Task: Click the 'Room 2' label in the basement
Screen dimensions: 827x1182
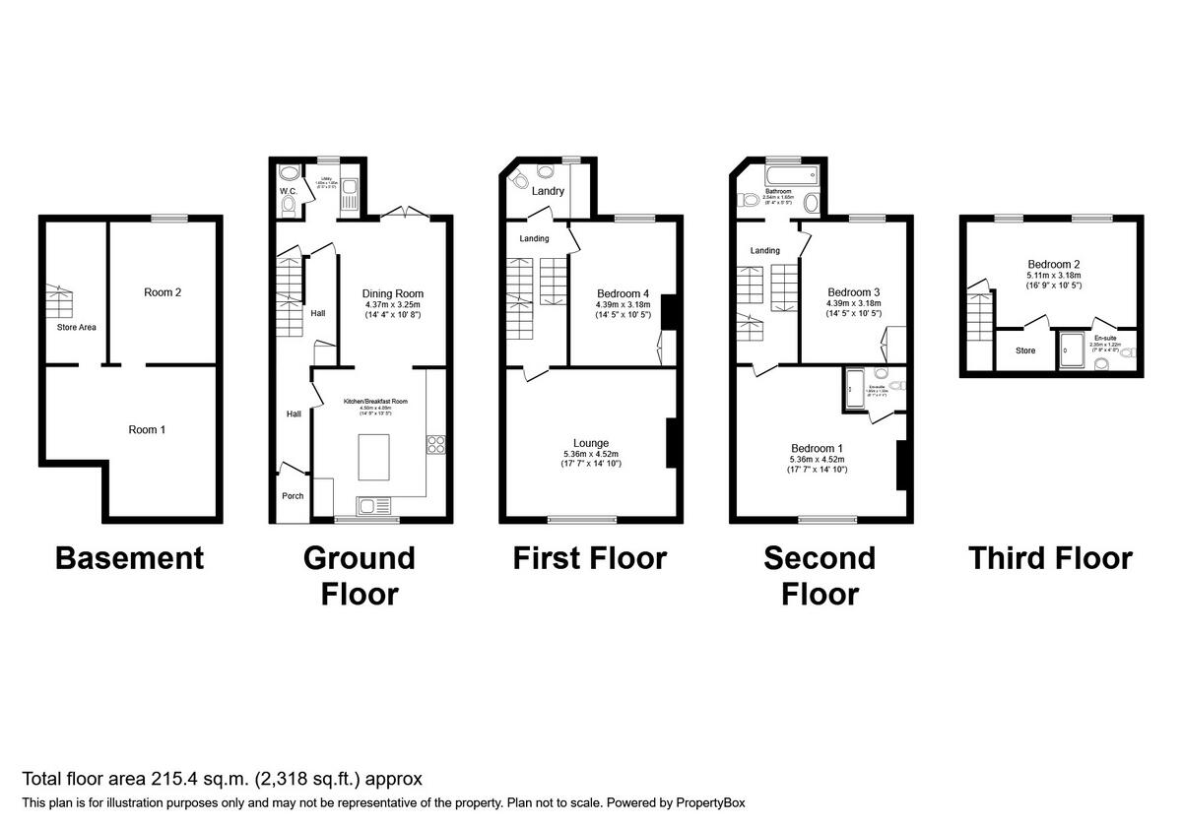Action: pyautogui.click(x=163, y=292)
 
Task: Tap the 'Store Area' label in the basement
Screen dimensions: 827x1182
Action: pyautogui.click(x=76, y=327)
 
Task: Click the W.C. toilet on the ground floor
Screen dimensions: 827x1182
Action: pyautogui.click(x=288, y=206)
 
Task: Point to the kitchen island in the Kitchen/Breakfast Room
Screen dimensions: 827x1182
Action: pyautogui.click(x=375, y=458)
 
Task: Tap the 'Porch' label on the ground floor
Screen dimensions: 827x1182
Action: pyautogui.click(x=293, y=495)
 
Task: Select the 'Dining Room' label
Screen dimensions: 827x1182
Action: pyautogui.click(x=393, y=293)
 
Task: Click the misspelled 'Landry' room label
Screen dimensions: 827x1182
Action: pyautogui.click(x=548, y=191)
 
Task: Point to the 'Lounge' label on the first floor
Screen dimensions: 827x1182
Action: pyautogui.click(x=591, y=443)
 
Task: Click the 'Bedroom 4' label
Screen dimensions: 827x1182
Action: pyautogui.click(x=623, y=293)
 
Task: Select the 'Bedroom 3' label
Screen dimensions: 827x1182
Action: pyautogui.click(x=853, y=292)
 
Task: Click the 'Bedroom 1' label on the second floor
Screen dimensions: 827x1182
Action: pyautogui.click(x=819, y=448)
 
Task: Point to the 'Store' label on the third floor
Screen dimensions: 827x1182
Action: pyautogui.click(x=1025, y=350)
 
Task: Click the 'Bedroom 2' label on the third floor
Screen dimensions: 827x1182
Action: pyautogui.click(x=1054, y=264)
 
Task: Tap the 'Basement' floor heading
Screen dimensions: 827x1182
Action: pyautogui.click(x=129, y=558)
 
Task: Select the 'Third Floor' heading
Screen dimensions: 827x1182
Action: pyautogui.click(x=1050, y=558)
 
